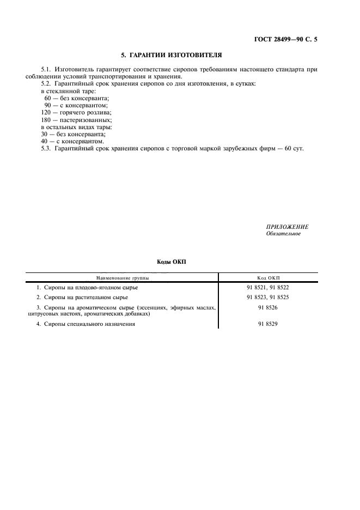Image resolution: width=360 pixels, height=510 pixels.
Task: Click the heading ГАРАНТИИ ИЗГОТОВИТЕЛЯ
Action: coord(171,56)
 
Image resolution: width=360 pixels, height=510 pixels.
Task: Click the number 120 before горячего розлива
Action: coord(46,112)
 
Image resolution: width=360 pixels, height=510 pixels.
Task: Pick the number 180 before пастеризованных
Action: coord(46,119)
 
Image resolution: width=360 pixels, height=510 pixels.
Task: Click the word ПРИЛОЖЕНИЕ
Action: coord(288,227)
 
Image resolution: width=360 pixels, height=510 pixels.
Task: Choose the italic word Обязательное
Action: coord(283,234)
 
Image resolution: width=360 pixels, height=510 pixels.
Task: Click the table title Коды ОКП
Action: coord(171,262)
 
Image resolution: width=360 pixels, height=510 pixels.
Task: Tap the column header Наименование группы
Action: coord(123,277)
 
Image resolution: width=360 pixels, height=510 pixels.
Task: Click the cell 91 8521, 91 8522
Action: coord(267,287)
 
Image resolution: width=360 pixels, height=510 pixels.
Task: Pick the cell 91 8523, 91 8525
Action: coord(267,297)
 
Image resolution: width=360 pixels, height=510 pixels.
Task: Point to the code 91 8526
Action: coord(267,308)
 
